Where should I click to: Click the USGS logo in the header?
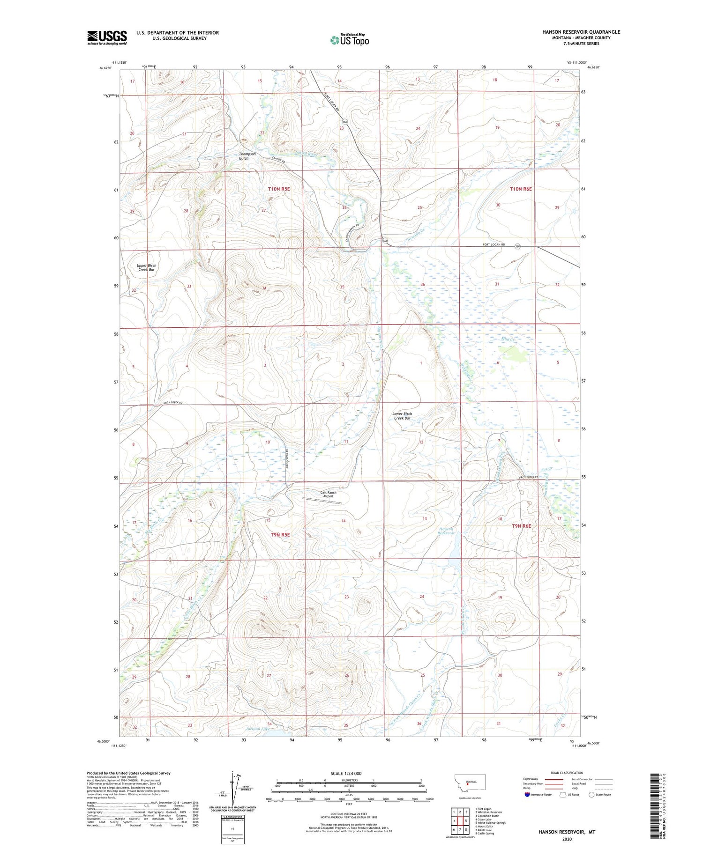(x=107, y=37)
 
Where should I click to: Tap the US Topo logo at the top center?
(x=350, y=40)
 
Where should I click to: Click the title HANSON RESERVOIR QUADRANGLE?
(x=581, y=32)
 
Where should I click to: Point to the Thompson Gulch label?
(x=247, y=156)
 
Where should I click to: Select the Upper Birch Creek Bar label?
(x=147, y=267)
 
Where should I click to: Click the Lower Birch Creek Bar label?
(x=402, y=416)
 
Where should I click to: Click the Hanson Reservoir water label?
(x=446, y=531)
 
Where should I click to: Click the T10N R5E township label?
(x=279, y=189)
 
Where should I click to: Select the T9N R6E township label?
(x=522, y=526)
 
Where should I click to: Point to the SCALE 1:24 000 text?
(x=346, y=773)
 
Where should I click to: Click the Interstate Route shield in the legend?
(x=528, y=795)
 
